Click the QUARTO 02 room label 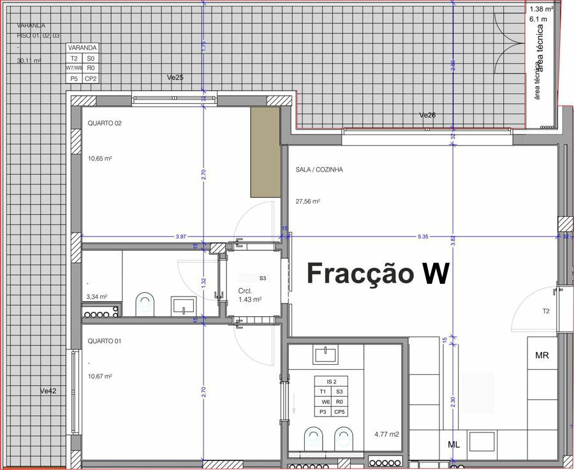[105, 124]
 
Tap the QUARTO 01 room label [105, 341]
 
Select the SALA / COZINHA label [320, 170]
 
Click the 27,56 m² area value [307, 201]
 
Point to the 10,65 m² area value [100, 158]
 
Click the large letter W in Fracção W [435, 273]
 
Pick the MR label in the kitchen [542, 355]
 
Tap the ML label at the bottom [454, 444]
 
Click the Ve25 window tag [175, 77]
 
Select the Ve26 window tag [427, 115]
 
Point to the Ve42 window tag [48, 390]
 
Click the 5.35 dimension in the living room [423, 237]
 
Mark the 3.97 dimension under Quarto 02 [181, 237]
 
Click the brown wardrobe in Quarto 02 [265, 152]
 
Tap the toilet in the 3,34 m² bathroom [145, 304]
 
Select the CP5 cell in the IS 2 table [339, 413]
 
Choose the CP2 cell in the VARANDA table [91, 78]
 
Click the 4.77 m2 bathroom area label [386, 435]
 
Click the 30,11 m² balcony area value [29, 61]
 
